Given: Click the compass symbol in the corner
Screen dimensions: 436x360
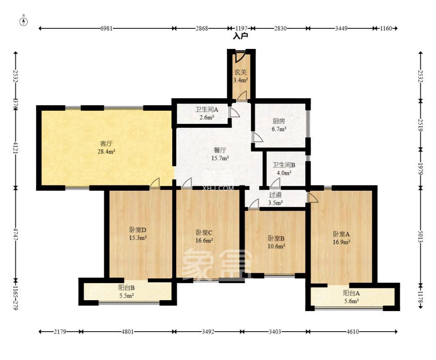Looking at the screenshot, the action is tap(24, 21).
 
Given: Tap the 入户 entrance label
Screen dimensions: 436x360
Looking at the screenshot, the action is tap(240, 36).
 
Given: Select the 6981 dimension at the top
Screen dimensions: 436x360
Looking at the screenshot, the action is tap(106, 28).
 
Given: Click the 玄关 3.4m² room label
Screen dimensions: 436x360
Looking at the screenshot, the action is tap(241, 76).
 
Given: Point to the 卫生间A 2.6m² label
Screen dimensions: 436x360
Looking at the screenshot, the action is tap(207, 113).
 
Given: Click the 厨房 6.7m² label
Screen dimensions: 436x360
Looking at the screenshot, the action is tap(279, 125).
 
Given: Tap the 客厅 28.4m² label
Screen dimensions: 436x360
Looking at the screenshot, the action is tap(106, 147).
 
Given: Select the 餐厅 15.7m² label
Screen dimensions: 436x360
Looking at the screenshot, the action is tap(220, 154).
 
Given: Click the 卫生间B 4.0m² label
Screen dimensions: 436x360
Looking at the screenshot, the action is tap(284, 168).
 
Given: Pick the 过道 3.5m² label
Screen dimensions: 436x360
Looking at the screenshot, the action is tap(275, 199).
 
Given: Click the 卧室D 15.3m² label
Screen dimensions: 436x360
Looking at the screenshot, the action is tap(138, 234).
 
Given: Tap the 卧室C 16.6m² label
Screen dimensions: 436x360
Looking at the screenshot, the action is tap(204, 236).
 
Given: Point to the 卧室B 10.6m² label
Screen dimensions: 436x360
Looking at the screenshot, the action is tap(276, 242).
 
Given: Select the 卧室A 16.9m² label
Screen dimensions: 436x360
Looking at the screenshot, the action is tap(341, 238).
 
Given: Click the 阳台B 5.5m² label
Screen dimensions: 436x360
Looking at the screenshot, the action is tap(126, 291).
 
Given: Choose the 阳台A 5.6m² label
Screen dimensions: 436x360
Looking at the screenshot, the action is tap(351, 297).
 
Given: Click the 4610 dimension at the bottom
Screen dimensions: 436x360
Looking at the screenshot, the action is tap(352, 332).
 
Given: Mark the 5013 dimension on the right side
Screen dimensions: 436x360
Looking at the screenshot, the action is tap(420, 237).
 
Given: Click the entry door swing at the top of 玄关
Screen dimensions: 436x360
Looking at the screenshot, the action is tap(239, 57).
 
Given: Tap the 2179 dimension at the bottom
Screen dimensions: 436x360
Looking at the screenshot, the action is tap(60, 332).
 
